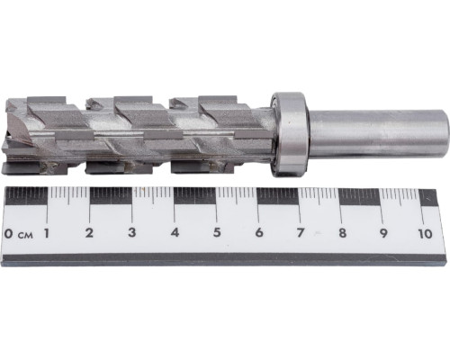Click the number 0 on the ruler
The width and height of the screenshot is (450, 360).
click(9, 233)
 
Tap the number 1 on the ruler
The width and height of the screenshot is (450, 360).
click(46, 233)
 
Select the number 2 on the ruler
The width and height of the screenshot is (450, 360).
click(89, 233)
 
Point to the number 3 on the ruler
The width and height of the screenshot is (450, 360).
click(131, 233)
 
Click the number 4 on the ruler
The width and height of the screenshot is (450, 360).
click(175, 233)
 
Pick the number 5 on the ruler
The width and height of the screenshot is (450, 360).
click(217, 233)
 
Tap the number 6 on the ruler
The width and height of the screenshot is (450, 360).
click(259, 233)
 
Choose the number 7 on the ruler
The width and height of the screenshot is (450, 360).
click(301, 233)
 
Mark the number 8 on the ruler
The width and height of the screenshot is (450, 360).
click(342, 233)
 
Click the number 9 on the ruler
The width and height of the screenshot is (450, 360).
click(383, 233)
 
